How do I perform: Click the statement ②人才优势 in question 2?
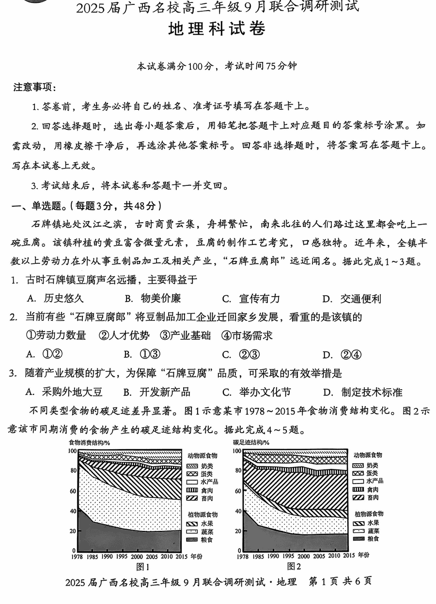coord(124,335)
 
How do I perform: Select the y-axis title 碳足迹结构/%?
coord(251,442)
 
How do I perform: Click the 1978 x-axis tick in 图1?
coord(78,557)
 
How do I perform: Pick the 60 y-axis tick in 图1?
coord(73,491)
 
